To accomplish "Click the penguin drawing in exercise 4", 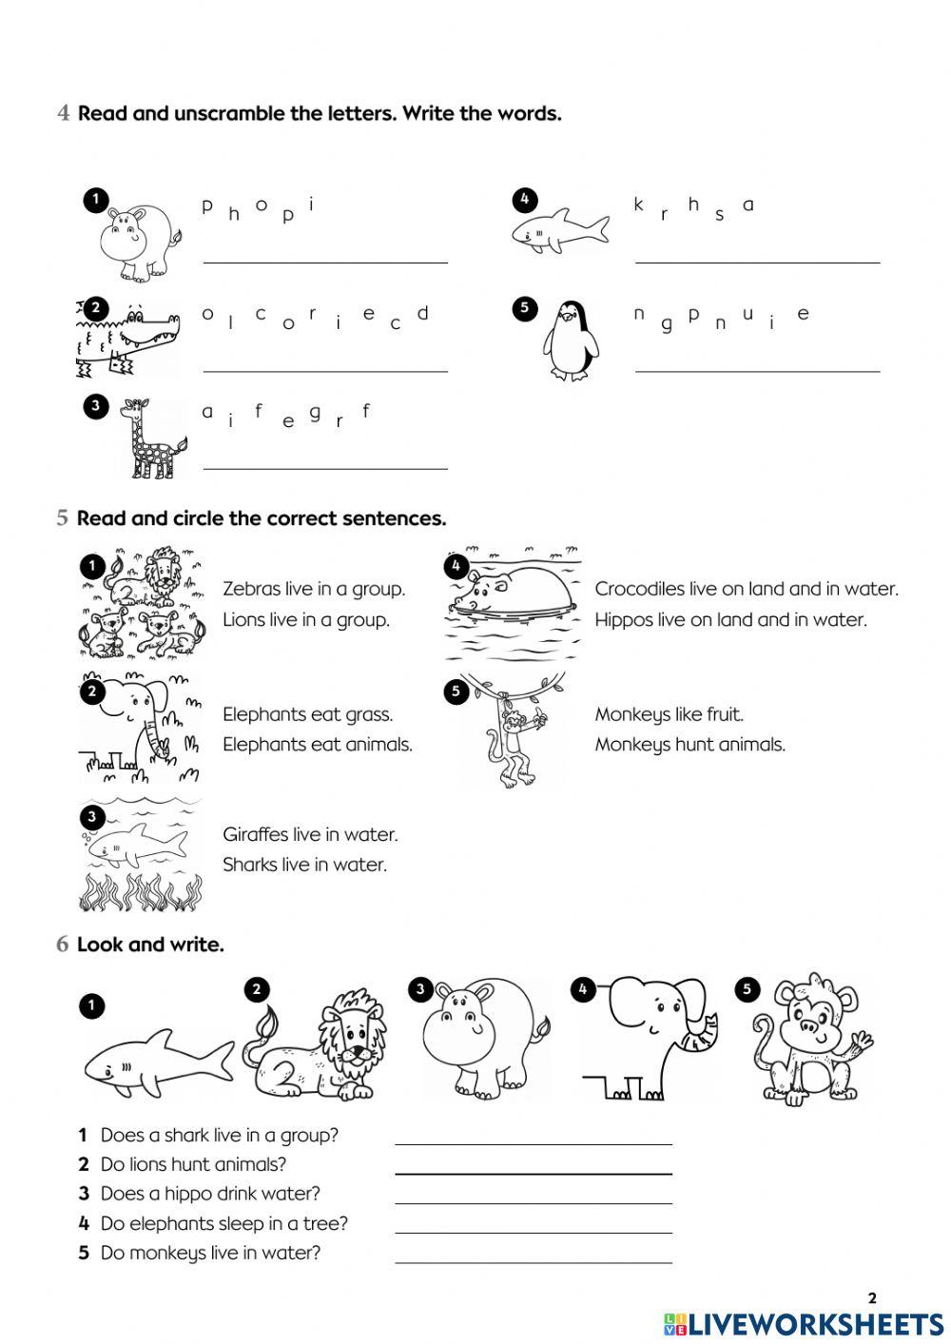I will (x=571, y=342).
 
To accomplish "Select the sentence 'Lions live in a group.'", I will (x=306, y=620).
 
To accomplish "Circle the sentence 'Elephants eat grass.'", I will (x=307, y=714).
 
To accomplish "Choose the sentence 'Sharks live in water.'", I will (x=304, y=865).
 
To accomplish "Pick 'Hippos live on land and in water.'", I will (x=730, y=620).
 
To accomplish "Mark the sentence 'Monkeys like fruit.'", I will (x=669, y=714).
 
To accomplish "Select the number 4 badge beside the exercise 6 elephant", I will (x=583, y=990).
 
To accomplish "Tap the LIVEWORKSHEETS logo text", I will (x=816, y=1324).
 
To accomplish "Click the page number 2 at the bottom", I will (x=872, y=1297).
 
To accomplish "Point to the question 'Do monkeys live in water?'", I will (x=210, y=1253).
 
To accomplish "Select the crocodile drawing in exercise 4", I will (x=128, y=338).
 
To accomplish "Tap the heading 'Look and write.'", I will (x=150, y=945).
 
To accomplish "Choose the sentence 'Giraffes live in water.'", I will (x=310, y=834).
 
